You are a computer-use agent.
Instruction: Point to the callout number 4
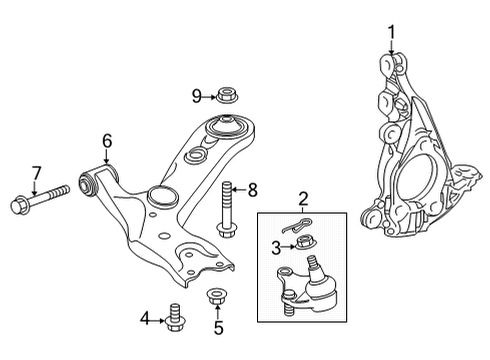(146, 319)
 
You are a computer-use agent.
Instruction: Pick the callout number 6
(106, 141)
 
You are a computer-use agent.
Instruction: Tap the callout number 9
(197, 96)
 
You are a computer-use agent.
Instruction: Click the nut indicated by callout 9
(226, 96)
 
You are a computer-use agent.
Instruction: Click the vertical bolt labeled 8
(227, 210)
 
